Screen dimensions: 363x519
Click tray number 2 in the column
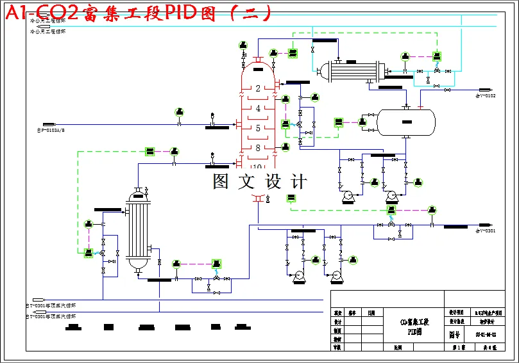(x=258, y=88)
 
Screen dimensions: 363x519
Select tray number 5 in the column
(x=258, y=129)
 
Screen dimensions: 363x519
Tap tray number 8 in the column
(x=258, y=149)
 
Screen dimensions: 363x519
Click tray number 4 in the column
(x=258, y=109)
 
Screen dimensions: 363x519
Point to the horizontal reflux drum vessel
(x=405, y=122)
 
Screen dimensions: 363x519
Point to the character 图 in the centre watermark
(x=222, y=181)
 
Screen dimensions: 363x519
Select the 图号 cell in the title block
(x=454, y=334)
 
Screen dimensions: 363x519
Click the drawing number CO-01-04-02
(x=486, y=334)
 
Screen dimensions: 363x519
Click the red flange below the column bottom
(x=258, y=198)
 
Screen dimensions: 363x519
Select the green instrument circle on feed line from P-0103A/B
(x=179, y=113)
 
